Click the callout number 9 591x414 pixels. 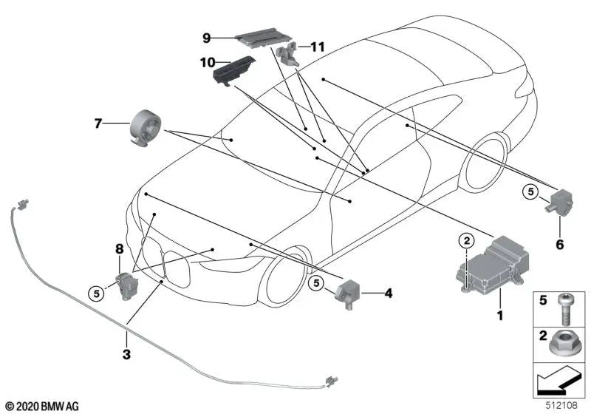tap(208, 35)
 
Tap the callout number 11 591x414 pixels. tap(318, 47)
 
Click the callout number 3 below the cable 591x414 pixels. tap(126, 355)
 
